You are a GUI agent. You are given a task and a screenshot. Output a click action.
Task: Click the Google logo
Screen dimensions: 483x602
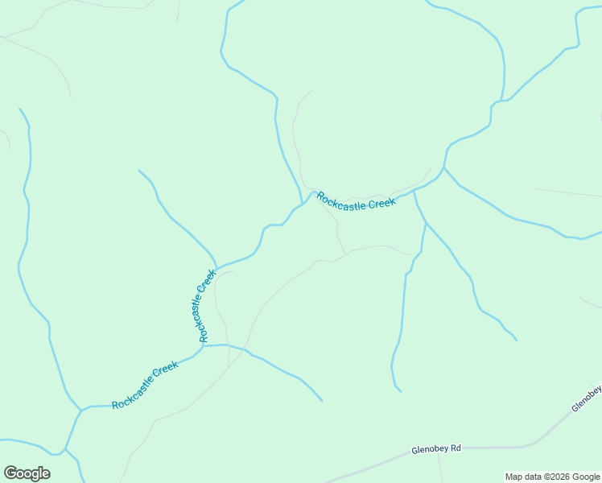click(27, 473)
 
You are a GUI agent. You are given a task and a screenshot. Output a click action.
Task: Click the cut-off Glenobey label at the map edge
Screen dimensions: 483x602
click(588, 398)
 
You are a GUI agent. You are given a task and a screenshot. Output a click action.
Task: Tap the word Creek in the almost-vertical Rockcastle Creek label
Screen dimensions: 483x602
click(208, 283)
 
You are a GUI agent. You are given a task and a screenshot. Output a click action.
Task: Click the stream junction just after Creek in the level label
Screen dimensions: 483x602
click(414, 191)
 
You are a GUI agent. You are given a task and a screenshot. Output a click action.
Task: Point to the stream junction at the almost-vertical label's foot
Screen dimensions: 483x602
click(203, 345)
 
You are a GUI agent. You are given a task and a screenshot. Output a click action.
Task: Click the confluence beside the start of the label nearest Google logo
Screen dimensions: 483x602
click(80, 410)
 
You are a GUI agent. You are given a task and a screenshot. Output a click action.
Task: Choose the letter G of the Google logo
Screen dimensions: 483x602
click(10, 473)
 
